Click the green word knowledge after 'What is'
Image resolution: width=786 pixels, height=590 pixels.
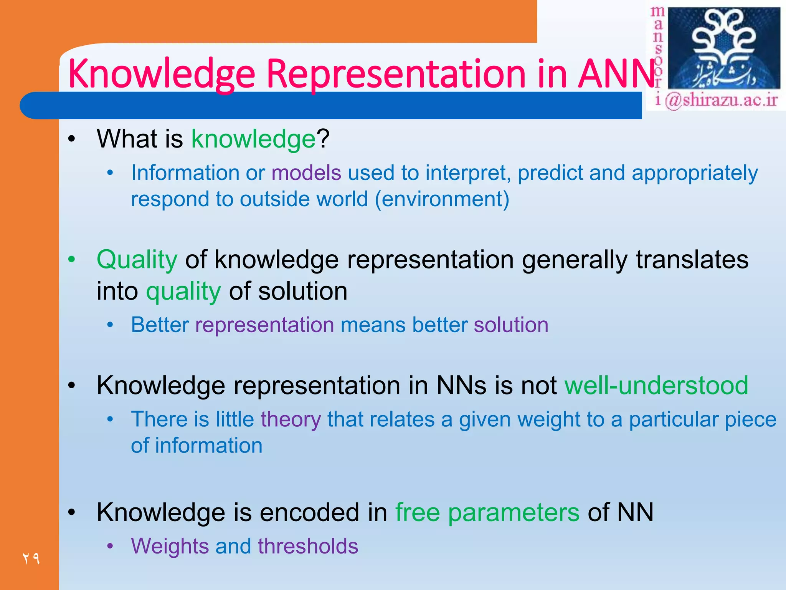253,139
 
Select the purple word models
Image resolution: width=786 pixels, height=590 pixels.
306,173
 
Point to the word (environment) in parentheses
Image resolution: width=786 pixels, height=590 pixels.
442,199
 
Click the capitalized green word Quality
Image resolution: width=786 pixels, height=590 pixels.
137,260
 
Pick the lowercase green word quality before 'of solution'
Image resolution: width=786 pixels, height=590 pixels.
183,291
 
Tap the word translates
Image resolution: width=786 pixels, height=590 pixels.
692,260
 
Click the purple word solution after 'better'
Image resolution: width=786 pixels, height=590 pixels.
511,325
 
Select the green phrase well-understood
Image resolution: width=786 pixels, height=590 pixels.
656,385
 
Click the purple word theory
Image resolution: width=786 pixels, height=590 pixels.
291,419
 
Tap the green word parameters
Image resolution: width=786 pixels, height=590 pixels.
514,512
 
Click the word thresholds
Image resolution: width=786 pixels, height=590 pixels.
308,546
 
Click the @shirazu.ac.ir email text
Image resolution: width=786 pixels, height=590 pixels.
721,101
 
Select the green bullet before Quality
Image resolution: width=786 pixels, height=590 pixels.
71,260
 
